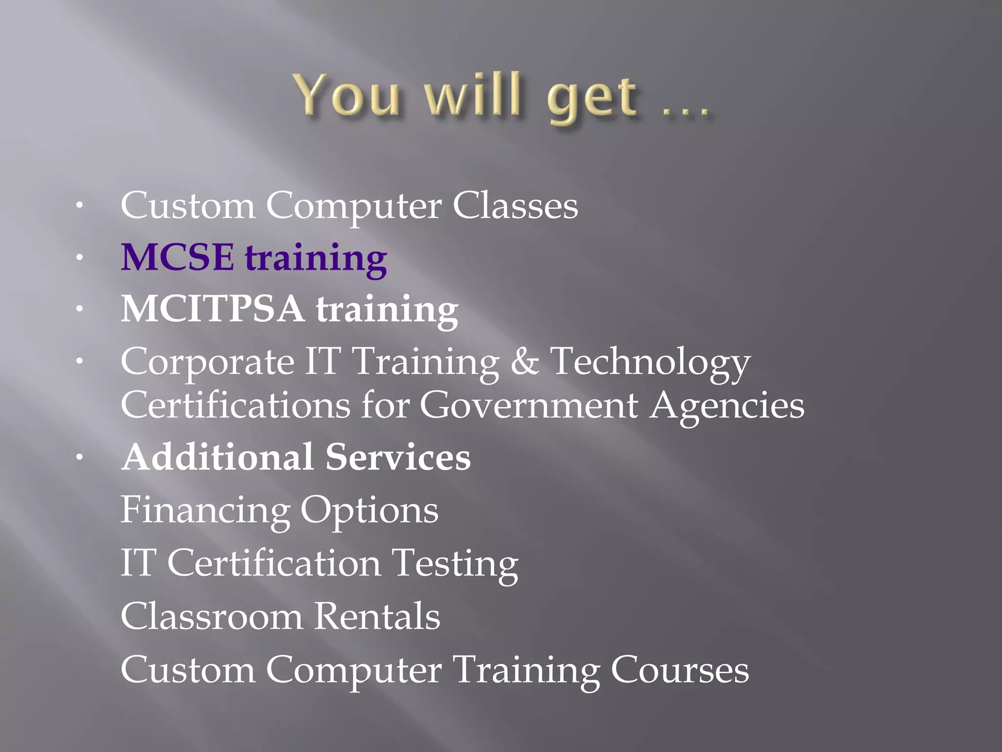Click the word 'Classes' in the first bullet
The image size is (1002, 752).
tap(515, 205)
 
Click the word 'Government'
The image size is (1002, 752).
tap(528, 406)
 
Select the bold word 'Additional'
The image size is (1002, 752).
tap(218, 456)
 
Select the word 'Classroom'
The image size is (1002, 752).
tap(211, 616)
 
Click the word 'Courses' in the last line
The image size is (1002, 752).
tap(680, 670)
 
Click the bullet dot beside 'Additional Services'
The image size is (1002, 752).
tap(79, 457)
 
